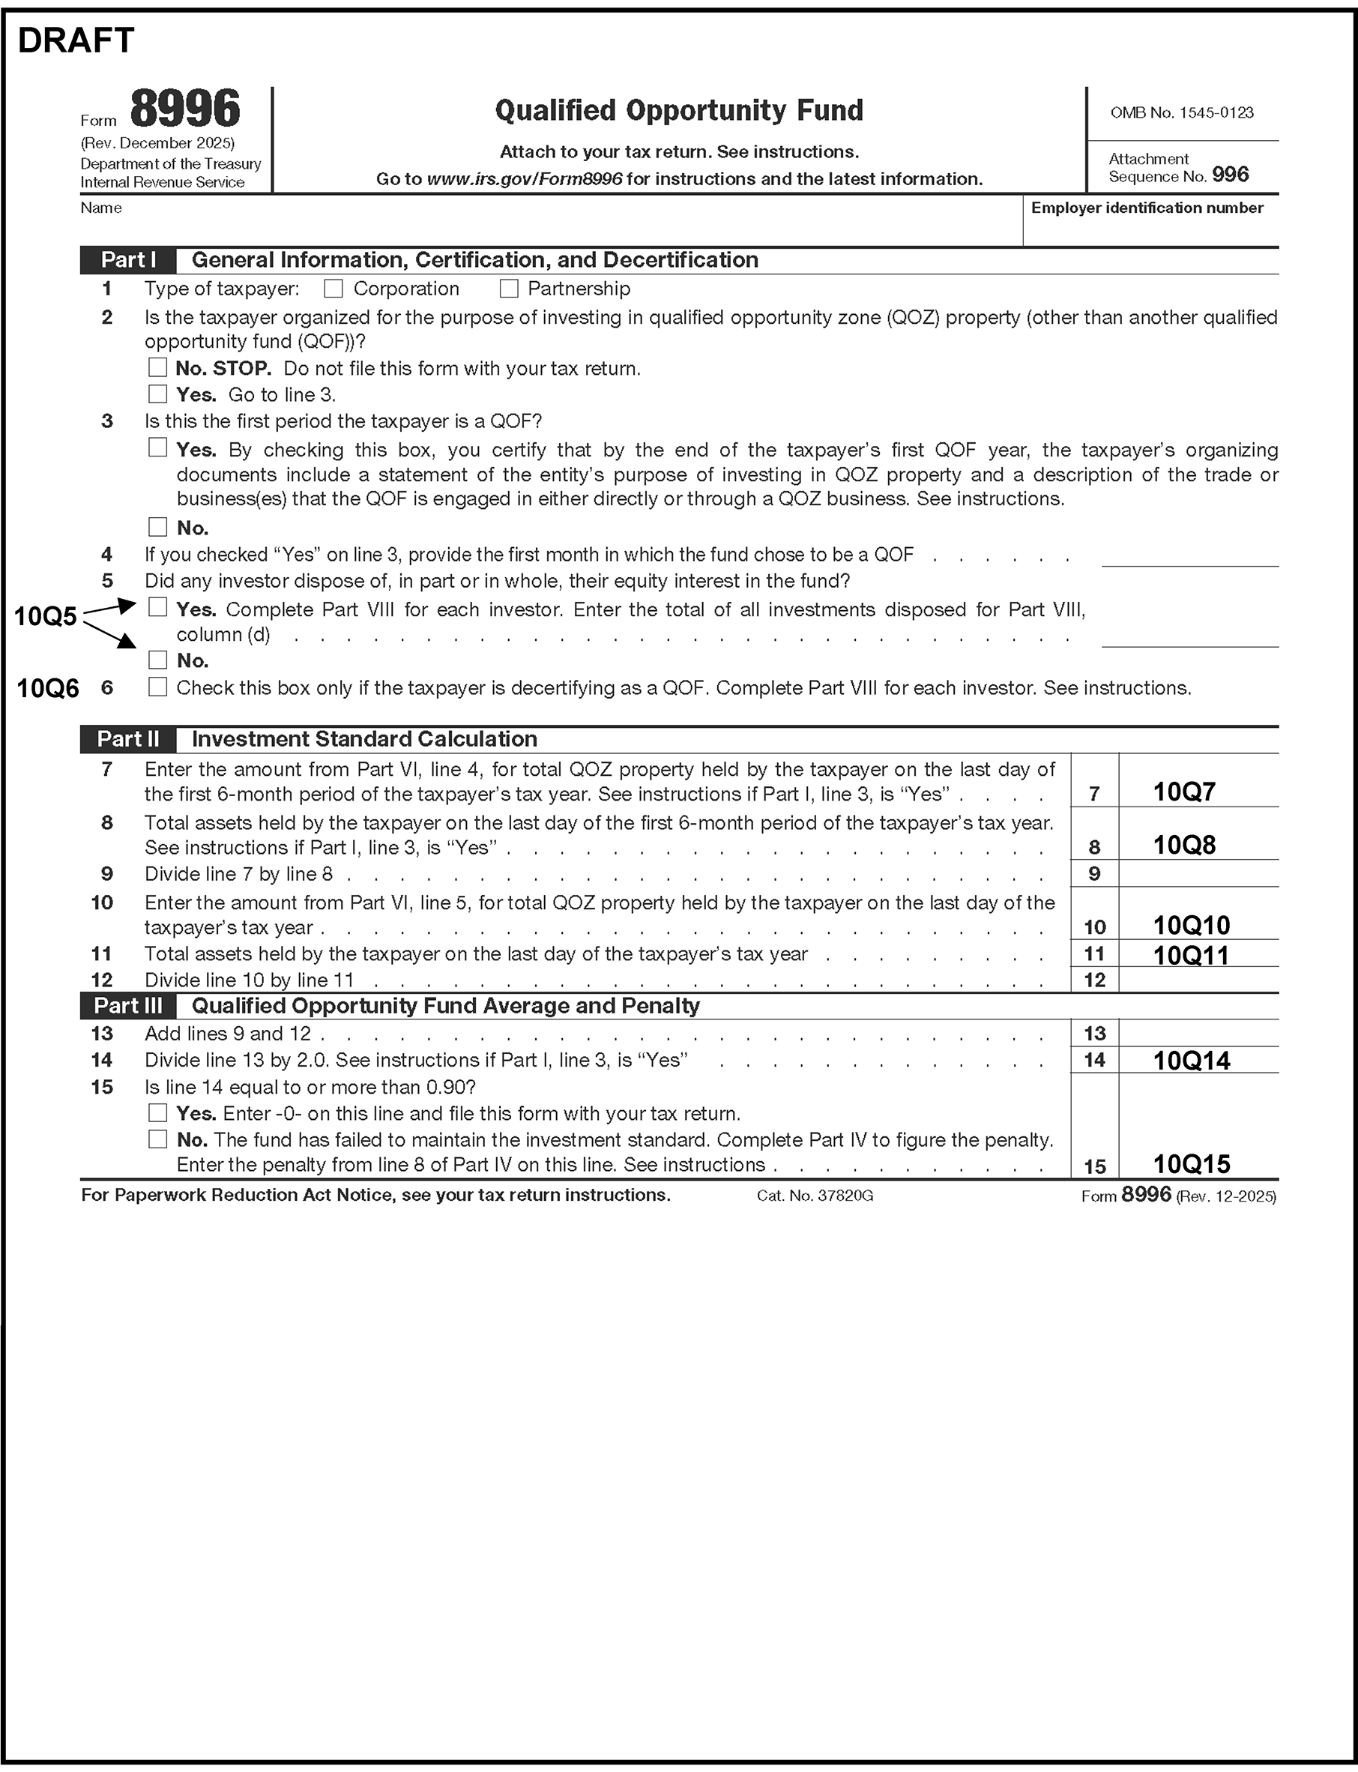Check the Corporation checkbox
tap(333, 289)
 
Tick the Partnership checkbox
tap(508, 289)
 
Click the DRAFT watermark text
tap(76, 40)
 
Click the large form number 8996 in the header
tap(185, 109)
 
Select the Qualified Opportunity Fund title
tap(679, 110)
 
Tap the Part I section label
tap(127, 260)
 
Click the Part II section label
tap(127, 739)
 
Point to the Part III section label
tap(127, 1006)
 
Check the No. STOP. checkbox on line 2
tap(157, 368)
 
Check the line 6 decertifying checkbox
tap(157, 687)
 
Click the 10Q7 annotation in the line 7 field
tap(1183, 792)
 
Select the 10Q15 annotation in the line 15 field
tap(1191, 1164)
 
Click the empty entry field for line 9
tap(1198, 874)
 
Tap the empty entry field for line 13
tap(1198, 1033)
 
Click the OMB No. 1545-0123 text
tap(1182, 113)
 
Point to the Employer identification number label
tap(1147, 208)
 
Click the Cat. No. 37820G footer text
tap(815, 1196)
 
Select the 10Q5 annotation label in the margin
tap(45, 617)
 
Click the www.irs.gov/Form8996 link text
tap(524, 179)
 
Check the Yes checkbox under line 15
tap(157, 1113)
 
